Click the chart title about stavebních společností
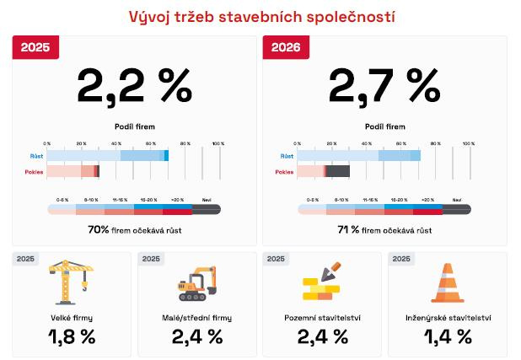(x=261, y=16)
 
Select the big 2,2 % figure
(x=135, y=84)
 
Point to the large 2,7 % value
(x=384, y=84)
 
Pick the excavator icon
(x=196, y=284)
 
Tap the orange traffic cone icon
(x=447, y=283)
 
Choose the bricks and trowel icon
(x=322, y=284)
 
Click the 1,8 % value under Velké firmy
(x=72, y=337)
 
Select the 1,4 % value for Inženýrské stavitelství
(x=447, y=337)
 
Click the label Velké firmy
(x=72, y=318)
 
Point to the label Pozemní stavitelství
(x=322, y=318)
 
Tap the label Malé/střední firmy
(x=196, y=318)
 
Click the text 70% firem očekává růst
(x=135, y=228)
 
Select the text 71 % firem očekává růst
(x=384, y=228)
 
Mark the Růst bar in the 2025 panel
(x=107, y=156)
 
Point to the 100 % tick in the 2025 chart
(x=218, y=144)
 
